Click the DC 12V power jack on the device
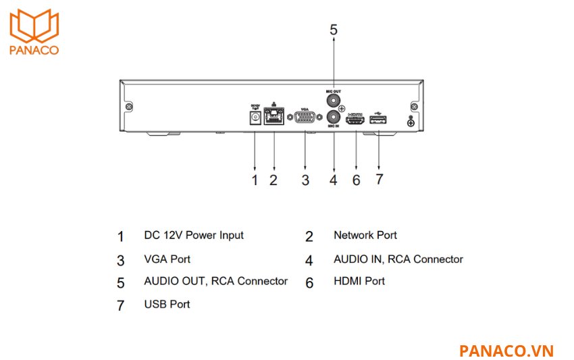(255, 118)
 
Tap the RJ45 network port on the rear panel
(274, 119)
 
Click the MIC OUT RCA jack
(333, 99)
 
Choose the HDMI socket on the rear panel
(356, 121)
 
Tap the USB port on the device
(378, 121)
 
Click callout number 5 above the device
(333, 30)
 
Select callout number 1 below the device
(255, 180)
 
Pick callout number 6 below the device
(356, 180)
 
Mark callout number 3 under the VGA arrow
(305, 180)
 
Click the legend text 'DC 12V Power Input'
(194, 236)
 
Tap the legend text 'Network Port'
(365, 236)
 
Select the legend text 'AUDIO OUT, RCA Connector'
(215, 282)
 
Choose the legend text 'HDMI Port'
(359, 282)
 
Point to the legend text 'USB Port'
(167, 305)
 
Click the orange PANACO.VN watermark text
(506, 351)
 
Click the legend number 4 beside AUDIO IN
(309, 261)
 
